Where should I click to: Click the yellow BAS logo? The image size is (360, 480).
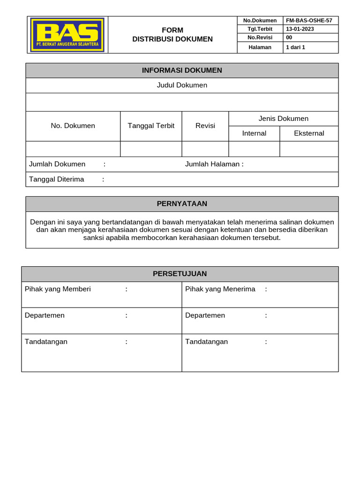tap(67, 35)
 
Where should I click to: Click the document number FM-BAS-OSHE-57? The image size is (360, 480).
tap(309, 21)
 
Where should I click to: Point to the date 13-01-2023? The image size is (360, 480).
tap(300, 29)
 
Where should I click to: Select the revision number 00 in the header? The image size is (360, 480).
tap(289, 37)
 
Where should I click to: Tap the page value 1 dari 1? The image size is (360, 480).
tap(295, 47)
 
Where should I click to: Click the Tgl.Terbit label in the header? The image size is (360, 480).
tap(260, 29)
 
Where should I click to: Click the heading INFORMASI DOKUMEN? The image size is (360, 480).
tap(182, 70)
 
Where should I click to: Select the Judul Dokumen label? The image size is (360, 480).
tap(182, 85)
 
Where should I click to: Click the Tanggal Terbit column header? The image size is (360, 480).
tap(151, 126)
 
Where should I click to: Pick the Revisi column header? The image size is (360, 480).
tap(205, 126)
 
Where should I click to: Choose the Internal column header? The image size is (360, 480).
tap(254, 134)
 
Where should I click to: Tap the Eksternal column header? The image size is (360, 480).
tap(309, 134)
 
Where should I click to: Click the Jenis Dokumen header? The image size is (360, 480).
tap(284, 119)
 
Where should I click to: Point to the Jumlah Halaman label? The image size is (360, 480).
tap(214, 164)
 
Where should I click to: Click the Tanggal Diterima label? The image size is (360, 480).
tap(57, 180)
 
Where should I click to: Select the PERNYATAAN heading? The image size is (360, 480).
tap(182, 204)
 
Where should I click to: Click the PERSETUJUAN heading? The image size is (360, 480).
tap(180, 274)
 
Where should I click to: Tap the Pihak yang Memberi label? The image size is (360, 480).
tap(58, 289)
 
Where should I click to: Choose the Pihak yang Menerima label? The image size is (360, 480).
tap(220, 289)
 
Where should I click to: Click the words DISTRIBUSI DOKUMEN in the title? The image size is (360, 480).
tap(172, 39)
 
